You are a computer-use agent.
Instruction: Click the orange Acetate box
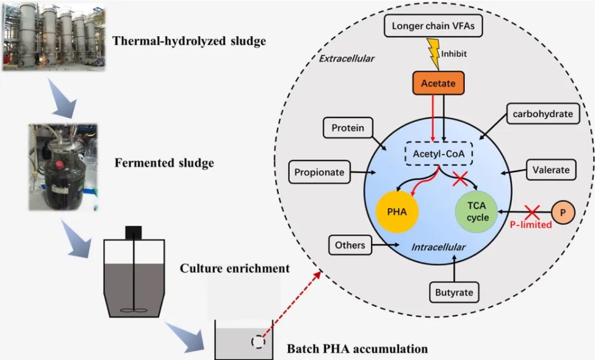coord(438,84)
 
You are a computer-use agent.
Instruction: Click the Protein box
coord(348,128)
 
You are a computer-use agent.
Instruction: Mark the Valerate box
coord(550,170)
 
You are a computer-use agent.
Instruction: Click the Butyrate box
coord(454,292)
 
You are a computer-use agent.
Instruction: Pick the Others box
coord(350,245)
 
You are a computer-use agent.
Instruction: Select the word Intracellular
coord(438,248)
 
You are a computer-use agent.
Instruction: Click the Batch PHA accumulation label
coord(357,349)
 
